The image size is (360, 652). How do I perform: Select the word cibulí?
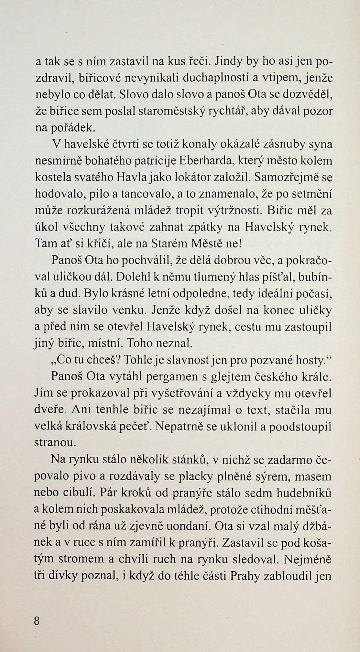tap(81, 494)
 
